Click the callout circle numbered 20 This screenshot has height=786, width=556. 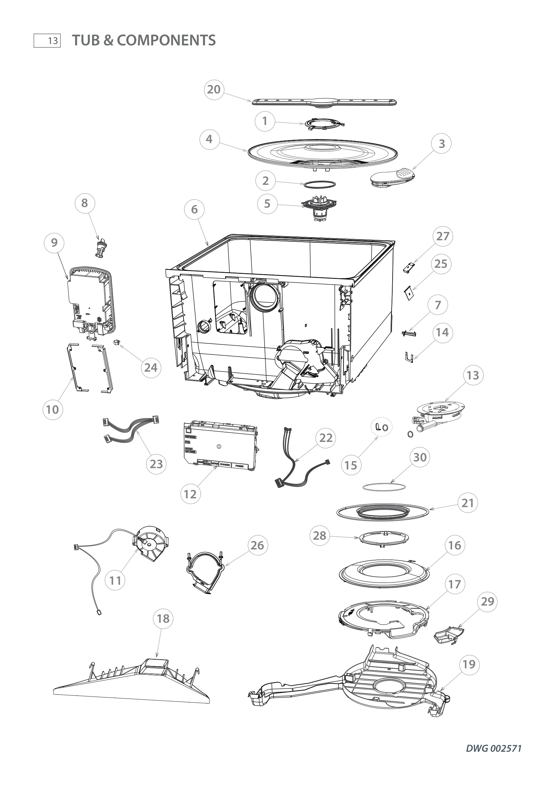coord(214,90)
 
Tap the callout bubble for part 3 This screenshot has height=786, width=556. coord(442,144)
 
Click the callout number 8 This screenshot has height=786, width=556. coord(85,203)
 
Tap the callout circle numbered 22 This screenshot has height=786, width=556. coord(326,438)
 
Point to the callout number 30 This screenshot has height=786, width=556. coord(420,457)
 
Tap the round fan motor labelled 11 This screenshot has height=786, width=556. coord(151,544)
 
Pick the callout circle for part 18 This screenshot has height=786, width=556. coord(163,619)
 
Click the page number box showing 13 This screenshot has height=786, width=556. coord(47,41)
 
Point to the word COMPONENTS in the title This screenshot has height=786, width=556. coord(166,40)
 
